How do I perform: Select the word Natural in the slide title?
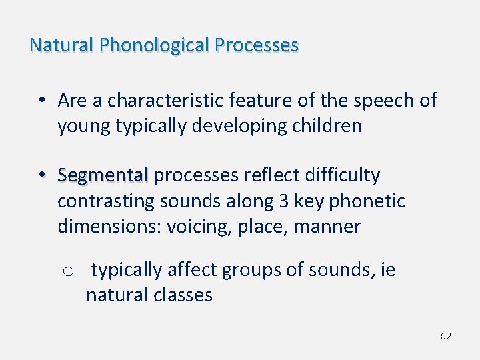click(x=61, y=45)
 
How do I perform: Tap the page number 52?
click(x=446, y=336)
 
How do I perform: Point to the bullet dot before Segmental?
click(x=41, y=175)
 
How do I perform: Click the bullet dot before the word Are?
click(x=41, y=101)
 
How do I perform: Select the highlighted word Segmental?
click(x=103, y=176)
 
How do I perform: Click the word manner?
click(x=329, y=227)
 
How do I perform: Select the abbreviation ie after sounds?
click(x=387, y=270)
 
